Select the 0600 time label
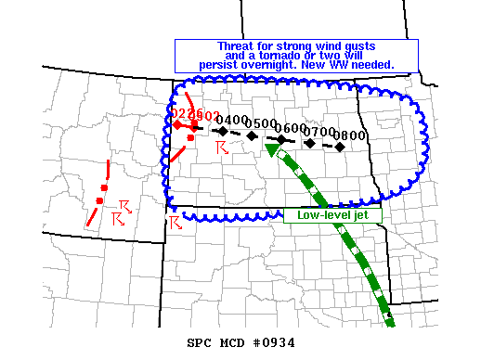[x=292, y=128]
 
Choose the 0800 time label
[x=352, y=135]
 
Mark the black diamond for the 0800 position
[x=341, y=147]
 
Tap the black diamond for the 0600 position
[x=281, y=138]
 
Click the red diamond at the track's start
[x=176, y=124]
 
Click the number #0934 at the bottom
[x=273, y=342]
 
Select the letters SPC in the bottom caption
[x=201, y=342]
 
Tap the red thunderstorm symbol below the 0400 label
[x=220, y=148]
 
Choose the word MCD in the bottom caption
[x=232, y=342]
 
